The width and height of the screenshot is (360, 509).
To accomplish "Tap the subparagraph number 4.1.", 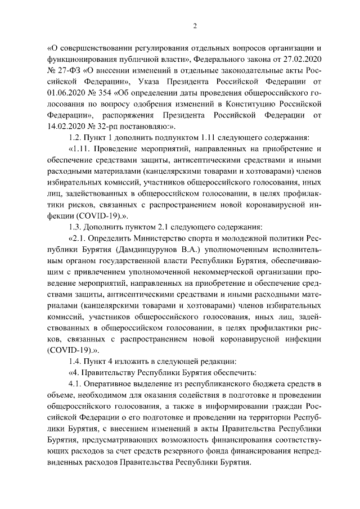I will (74, 384).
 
